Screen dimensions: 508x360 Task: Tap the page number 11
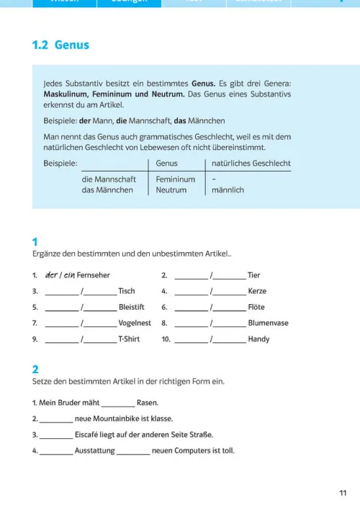[342, 493]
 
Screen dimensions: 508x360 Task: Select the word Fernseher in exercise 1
[95, 275]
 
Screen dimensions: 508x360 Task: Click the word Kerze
[257, 291]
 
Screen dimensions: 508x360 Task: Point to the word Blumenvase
[268, 323]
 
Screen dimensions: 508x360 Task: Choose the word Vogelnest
[135, 323]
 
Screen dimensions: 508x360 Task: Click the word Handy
[258, 339]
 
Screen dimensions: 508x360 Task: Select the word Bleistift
[132, 307]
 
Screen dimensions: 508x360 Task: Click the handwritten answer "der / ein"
[60, 275]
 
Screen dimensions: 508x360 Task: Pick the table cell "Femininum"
[175, 179]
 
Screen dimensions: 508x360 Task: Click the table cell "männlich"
[228, 190]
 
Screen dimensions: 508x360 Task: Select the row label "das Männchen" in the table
[107, 190]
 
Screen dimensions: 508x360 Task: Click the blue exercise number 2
[35, 369]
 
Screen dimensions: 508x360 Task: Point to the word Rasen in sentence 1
[147, 403]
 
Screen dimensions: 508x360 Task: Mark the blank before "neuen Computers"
[132, 451]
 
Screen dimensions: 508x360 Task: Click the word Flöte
[256, 307]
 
